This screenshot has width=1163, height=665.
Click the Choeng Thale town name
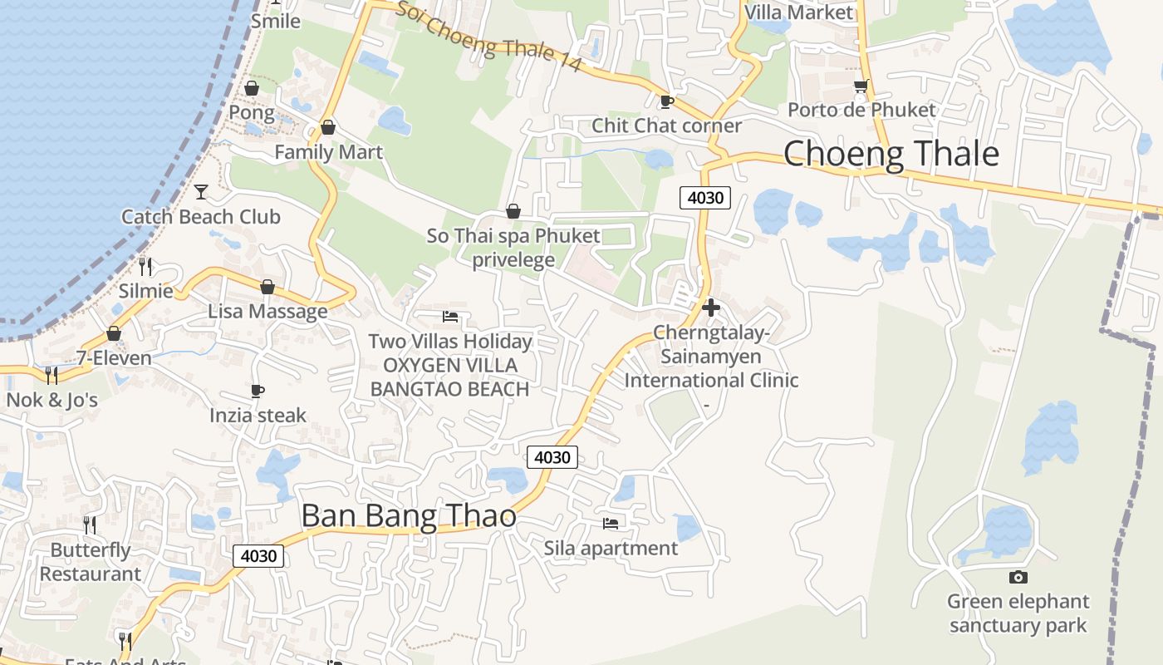[891, 155]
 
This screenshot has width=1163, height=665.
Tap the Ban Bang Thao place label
[408, 516]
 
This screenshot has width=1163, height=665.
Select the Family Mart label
[328, 152]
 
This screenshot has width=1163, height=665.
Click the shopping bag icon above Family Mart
[328, 127]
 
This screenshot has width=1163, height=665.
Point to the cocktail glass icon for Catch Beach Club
[201, 192]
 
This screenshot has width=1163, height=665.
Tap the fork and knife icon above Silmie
[145, 266]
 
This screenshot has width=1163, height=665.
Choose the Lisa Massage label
[267, 312]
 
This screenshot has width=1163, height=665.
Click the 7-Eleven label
[114, 358]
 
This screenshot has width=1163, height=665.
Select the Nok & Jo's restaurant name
[52, 400]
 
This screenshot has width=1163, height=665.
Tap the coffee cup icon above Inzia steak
[258, 391]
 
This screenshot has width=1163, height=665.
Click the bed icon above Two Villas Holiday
[450, 317]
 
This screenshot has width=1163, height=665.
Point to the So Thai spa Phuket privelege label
[513, 248]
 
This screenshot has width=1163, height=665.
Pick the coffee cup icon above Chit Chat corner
[666, 101]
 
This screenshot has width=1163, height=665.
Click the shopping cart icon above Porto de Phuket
[861, 86]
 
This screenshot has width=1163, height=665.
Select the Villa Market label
[799, 12]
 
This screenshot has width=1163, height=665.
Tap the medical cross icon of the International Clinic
[711, 308]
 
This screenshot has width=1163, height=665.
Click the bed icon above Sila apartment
[611, 523]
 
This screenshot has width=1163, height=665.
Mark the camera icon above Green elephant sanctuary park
[1018, 577]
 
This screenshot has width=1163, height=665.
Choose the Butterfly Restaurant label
[91, 562]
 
